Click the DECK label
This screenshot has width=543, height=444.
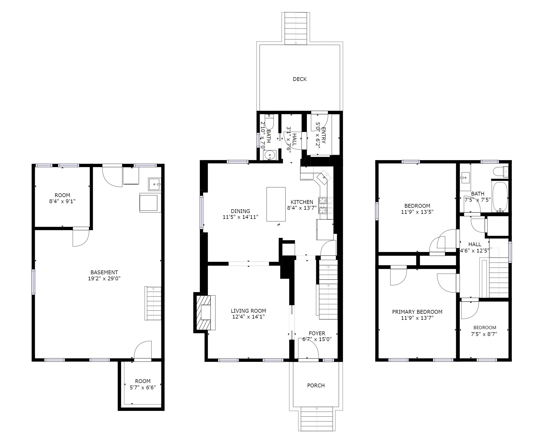(x=300, y=79)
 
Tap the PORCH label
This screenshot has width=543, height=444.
(x=316, y=385)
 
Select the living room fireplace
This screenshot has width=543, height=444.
(x=204, y=312)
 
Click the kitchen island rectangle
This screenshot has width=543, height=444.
(x=276, y=204)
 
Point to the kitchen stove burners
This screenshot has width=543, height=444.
(x=326, y=205)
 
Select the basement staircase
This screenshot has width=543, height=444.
(x=153, y=303)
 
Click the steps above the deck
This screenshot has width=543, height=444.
(x=296, y=28)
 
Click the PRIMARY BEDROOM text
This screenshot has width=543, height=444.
(x=417, y=312)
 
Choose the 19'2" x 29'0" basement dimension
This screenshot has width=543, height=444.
(x=104, y=279)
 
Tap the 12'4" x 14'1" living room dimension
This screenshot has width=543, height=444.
(x=249, y=317)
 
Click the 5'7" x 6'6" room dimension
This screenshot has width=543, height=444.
(x=143, y=388)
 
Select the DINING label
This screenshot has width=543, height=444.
(x=240, y=211)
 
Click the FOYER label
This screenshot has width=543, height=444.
(x=317, y=333)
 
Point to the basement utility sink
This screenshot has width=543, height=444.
(x=155, y=184)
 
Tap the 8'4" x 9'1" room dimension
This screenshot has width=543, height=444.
(x=62, y=201)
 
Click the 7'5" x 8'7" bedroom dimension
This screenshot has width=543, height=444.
(x=484, y=334)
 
